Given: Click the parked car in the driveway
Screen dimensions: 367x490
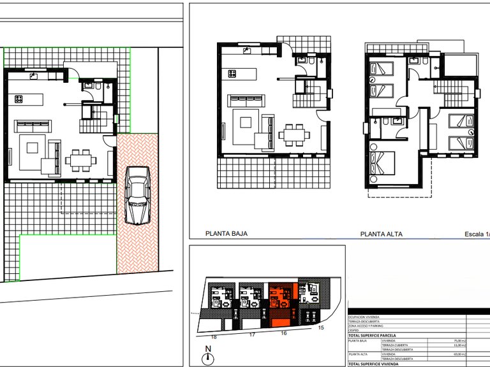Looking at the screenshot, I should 137,196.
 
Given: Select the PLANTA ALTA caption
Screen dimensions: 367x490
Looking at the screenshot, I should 381,234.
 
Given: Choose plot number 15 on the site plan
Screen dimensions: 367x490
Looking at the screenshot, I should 322,327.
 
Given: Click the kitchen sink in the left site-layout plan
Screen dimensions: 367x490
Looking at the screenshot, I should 34,76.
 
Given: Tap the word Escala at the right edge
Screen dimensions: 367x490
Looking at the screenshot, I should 475,234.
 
